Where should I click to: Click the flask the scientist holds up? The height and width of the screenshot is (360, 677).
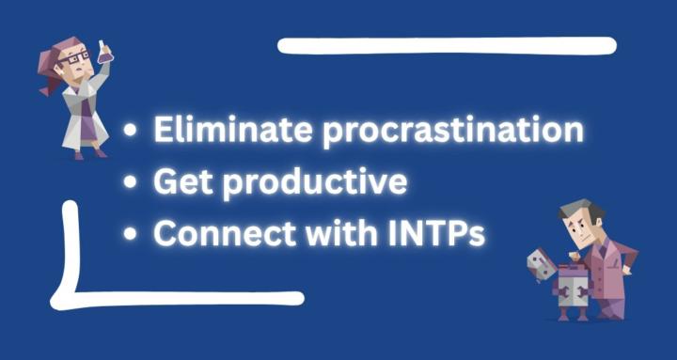(104, 53)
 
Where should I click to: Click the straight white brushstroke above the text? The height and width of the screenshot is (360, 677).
(447, 45)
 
